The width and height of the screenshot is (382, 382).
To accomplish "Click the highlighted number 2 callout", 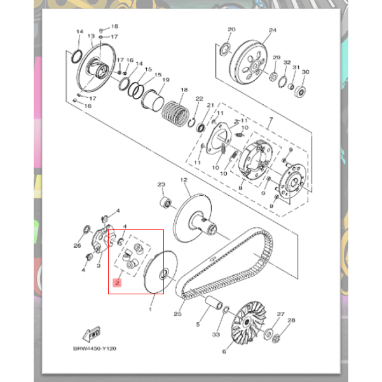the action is pyautogui.click(x=117, y=283).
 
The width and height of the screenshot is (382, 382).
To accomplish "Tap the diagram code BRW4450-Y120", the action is pyautogui.click(x=95, y=348).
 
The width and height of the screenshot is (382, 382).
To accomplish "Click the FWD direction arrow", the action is pyautogui.click(x=92, y=334).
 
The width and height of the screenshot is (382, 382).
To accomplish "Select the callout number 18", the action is pyautogui.click(x=184, y=90).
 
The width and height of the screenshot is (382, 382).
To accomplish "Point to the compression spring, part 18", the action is pyautogui.click(x=175, y=114).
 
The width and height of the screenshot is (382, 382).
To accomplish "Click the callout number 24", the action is pyautogui.click(x=273, y=31).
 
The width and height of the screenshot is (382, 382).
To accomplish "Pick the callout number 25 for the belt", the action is pyautogui.click(x=177, y=314).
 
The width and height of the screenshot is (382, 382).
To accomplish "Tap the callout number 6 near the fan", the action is pyautogui.click(x=224, y=351).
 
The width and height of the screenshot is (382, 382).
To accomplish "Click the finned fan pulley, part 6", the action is pyautogui.click(x=249, y=322).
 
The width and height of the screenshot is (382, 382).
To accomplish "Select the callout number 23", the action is pyautogui.click(x=161, y=184).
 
